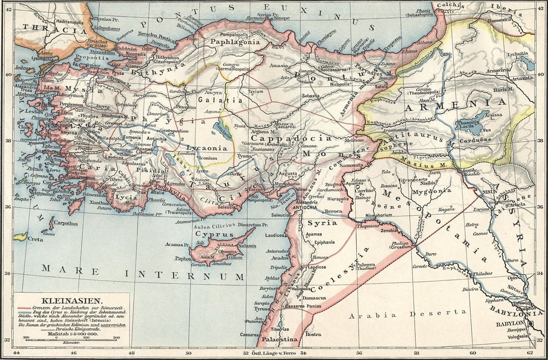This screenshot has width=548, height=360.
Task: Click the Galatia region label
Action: [x=224, y=100]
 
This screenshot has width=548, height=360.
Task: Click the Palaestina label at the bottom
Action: [x=281, y=340]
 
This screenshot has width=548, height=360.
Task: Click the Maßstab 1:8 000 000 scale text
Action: [x=71, y=336]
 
